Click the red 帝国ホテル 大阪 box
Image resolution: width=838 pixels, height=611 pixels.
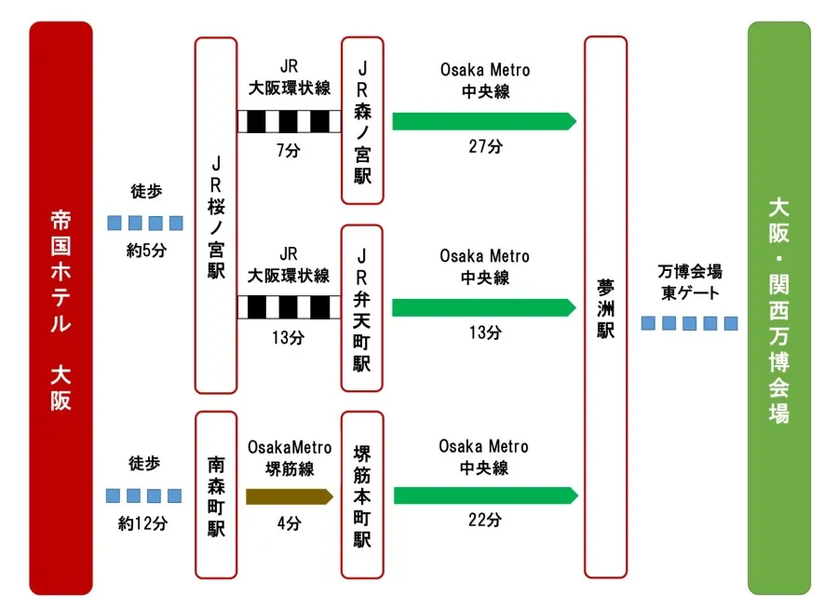coord(61,308)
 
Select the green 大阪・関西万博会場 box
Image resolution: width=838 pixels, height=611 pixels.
coord(778,308)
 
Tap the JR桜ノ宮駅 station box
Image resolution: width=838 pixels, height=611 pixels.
coord(215,215)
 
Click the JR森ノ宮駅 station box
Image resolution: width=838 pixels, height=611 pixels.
coord(362,120)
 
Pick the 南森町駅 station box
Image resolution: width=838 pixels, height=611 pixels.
coord(215,495)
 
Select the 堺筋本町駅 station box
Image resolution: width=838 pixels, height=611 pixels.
coord(362,495)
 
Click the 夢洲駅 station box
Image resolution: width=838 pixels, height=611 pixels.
coord(605,306)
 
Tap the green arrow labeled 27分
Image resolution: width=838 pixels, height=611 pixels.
coord(484,121)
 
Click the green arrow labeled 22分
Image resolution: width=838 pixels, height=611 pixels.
coord(485,496)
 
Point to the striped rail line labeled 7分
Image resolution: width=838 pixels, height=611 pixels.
coord(289,121)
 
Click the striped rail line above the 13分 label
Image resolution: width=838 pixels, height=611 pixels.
coord(289,307)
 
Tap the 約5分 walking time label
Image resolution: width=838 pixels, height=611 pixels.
coord(146,251)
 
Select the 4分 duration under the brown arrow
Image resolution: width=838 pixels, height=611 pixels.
coord(289,523)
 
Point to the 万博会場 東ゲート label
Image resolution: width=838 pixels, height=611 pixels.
coord(690,282)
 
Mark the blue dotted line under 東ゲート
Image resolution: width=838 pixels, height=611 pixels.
coord(690,323)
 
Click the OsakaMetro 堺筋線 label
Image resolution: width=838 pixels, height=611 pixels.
coord(289,458)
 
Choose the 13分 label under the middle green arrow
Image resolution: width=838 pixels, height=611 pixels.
coord(484,333)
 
